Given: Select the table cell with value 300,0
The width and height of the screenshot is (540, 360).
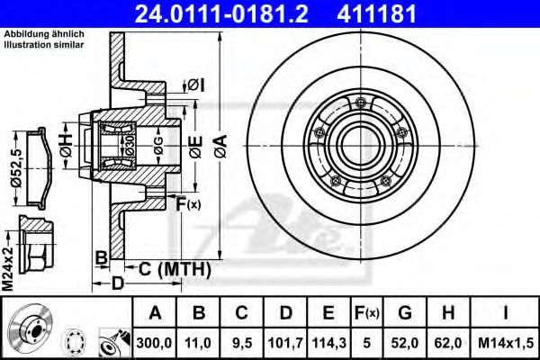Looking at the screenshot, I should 155,341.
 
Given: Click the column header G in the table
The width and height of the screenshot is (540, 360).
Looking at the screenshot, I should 407,314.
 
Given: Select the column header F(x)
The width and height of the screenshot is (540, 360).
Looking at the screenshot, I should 368,314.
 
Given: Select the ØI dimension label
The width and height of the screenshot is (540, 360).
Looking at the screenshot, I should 197,85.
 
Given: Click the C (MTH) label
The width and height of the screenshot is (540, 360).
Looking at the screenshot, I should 175,268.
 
